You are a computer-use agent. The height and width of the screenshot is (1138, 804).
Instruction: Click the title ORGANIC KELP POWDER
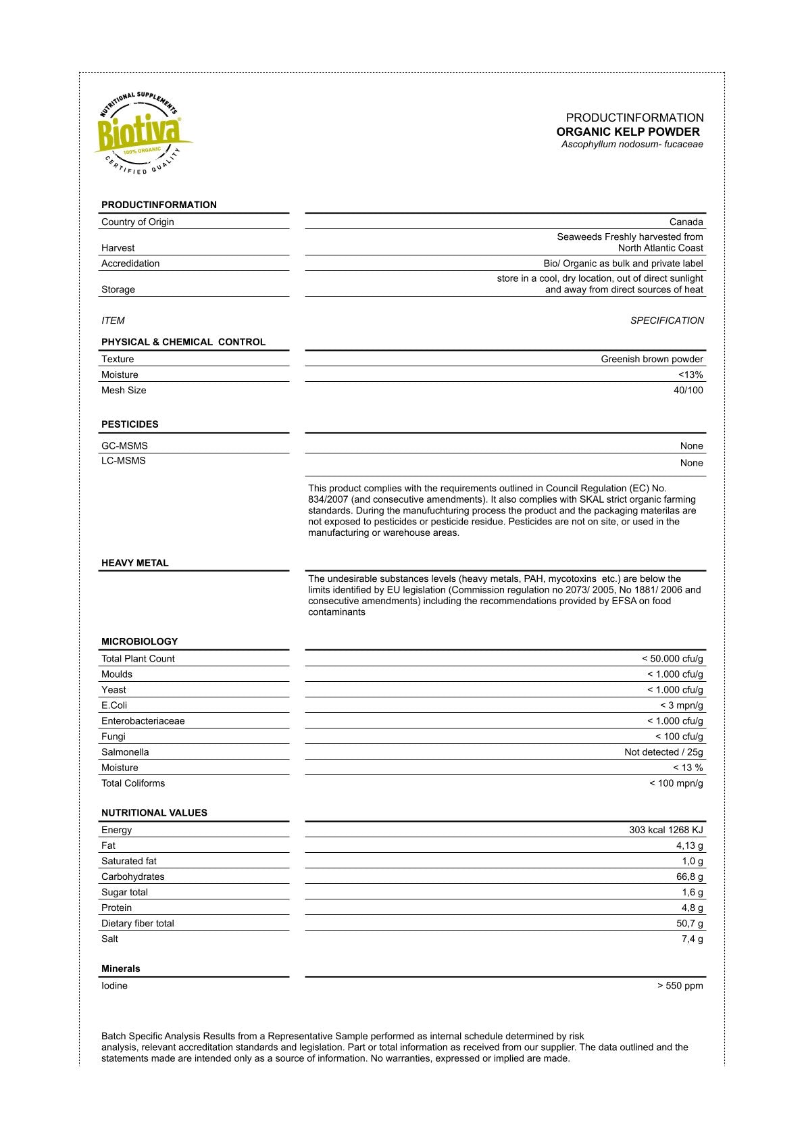pyautogui.click(x=628, y=132)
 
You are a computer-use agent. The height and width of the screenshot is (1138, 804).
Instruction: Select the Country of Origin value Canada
pyautogui.click(x=686, y=222)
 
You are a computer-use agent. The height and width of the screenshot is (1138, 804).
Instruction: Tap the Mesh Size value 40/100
pyautogui.click(x=688, y=390)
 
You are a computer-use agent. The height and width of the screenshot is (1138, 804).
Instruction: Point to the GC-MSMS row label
pyautogui.click(x=124, y=445)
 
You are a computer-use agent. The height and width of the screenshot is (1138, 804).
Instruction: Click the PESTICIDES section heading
pyautogui.click(x=130, y=424)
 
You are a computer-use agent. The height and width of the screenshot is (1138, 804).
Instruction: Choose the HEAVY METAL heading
pyautogui.click(x=134, y=563)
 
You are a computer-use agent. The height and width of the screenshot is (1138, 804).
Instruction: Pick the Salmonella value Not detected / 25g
pyautogui.click(x=663, y=752)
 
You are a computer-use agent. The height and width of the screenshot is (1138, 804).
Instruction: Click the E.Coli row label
pyautogui.click(x=114, y=706)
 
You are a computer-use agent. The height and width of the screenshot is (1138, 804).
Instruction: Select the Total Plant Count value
pyautogui.click(x=672, y=658)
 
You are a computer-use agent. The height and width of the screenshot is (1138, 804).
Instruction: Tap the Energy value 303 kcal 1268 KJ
pyautogui.click(x=665, y=830)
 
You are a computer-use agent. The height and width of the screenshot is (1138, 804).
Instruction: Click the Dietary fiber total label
pyautogui.click(x=137, y=923)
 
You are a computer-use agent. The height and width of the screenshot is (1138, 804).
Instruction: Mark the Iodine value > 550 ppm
pyautogui.click(x=680, y=985)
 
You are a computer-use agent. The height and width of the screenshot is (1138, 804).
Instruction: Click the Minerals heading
pyautogui.click(x=121, y=968)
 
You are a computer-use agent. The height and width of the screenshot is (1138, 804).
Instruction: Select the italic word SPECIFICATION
pyautogui.click(x=667, y=320)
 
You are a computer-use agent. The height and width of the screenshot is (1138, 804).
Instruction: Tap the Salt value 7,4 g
pyautogui.click(x=692, y=939)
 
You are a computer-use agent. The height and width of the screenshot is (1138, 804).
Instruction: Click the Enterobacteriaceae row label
pyautogui.click(x=143, y=721)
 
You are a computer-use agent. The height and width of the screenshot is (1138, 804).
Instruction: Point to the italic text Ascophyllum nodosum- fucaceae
pyautogui.click(x=632, y=144)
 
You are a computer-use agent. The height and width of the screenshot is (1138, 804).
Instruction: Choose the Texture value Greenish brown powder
pyautogui.click(x=651, y=359)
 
